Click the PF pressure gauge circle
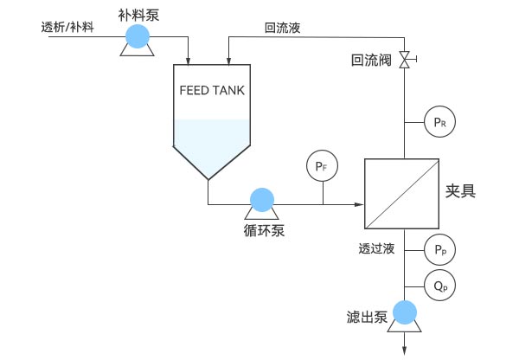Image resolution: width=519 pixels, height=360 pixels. coord(321,163)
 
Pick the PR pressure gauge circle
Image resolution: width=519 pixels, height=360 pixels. coord(439,123)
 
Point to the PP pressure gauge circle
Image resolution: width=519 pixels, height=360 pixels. coord(439,251)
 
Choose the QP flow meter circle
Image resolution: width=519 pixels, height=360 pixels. coord(439,284)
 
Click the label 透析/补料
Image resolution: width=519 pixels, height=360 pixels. coord(68,26)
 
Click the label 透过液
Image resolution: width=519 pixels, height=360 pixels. coord(376,249)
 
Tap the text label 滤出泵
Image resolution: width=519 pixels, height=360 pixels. coord(367,318)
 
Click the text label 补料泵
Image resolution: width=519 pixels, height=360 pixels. coord(136,12)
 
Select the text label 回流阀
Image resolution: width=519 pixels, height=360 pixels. coord(370,61)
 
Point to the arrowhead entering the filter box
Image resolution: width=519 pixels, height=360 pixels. coord(358,205)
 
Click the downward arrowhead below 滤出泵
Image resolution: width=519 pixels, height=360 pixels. coord(404,350)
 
